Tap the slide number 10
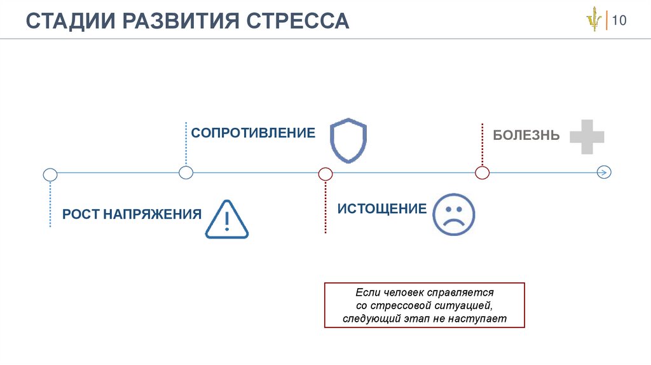point(619,21)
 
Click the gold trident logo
point(594,21)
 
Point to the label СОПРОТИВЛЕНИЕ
point(253,133)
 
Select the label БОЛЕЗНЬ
point(526,135)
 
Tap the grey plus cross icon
point(586,136)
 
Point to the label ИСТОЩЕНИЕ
point(381,209)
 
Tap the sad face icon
point(453,214)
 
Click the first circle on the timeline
point(50,174)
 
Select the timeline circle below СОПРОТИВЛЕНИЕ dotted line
point(186,172)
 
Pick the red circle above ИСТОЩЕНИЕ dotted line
point(325,173)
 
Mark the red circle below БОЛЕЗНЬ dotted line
point(483,173)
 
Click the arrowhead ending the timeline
point(605,172)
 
